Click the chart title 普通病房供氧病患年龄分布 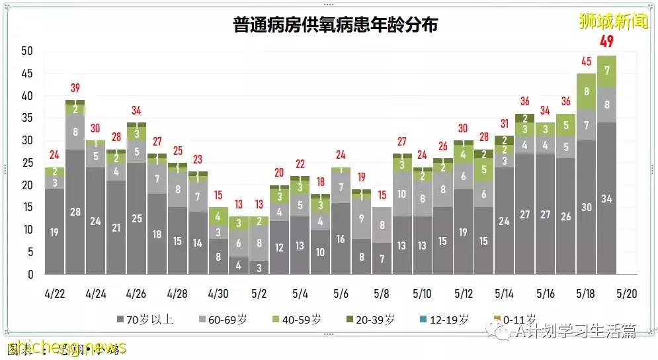(x=335, y=25)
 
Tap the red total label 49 (x=607, y=42)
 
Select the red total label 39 (x=75, y=88)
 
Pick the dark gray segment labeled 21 (x=116, y=228)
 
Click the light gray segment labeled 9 (x=362, y=218)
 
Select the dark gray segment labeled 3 (x=259, y=267)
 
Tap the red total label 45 (x=587, y=62)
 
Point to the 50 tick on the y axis (x=26, y=51)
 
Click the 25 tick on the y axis (x=26, y=163)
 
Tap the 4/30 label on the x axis (x=218, y=293)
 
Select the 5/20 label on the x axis (x=627, y=293)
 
